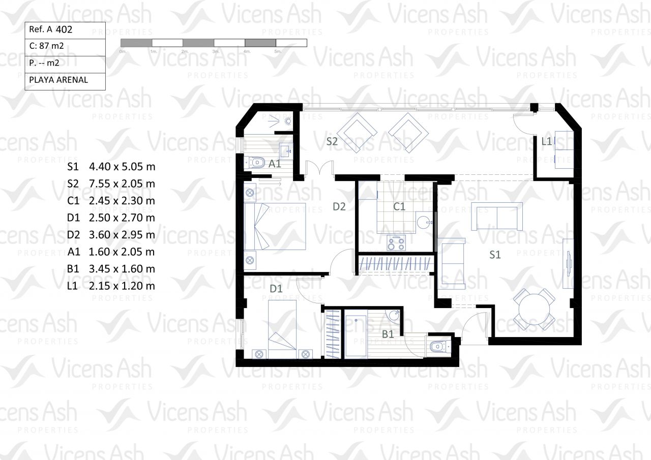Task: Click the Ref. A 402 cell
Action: point(65,30)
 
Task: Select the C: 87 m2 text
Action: point(46,46)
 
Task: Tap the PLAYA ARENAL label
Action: point(58,80)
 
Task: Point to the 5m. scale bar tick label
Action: point(278,51)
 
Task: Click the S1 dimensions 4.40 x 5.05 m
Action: point(122,167)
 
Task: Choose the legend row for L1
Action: point(111,286)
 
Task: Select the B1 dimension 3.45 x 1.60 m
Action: point(122,269)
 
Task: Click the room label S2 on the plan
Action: point(332,141)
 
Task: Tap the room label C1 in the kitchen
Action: point(399,207)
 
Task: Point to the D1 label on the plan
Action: point(276,289)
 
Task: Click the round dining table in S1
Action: point(534,309)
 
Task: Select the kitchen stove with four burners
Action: point(396,243)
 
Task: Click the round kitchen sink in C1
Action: point(423,223)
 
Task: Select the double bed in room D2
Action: point(275,227)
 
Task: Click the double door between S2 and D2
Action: point(319,168)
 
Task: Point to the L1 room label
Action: point(546,141)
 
